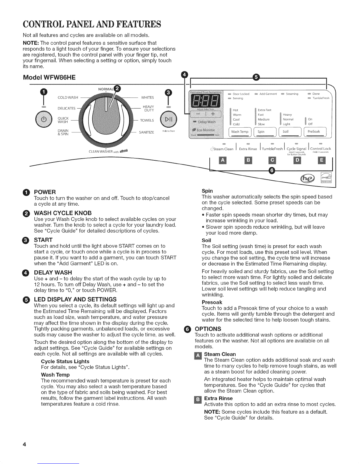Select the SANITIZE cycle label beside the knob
(146, 132)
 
